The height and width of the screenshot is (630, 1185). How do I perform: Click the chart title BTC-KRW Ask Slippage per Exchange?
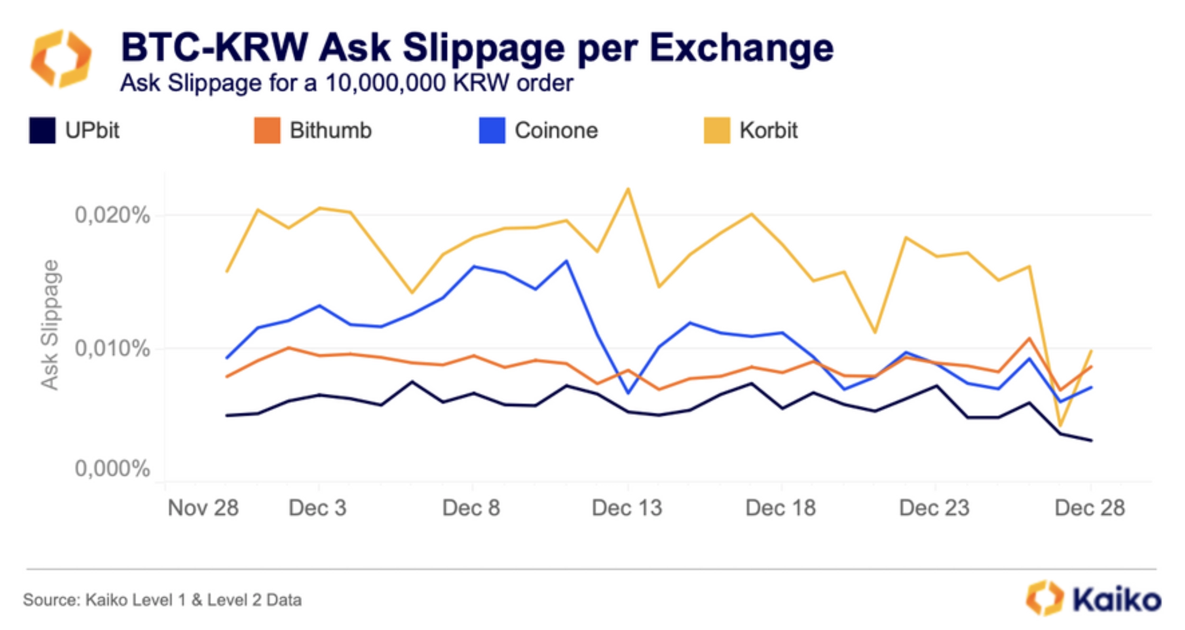click(x=477, y=48)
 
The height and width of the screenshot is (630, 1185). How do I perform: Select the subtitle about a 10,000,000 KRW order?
click(x=347, y=83)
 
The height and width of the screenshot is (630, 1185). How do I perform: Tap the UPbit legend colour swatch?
click(x=42, y=130)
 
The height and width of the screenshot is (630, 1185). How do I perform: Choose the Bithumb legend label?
click(x=330, y=130)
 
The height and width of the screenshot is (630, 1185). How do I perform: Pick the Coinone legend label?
click(x=556, y=130)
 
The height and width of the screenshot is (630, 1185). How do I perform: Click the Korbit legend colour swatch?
click(x=716, y=130)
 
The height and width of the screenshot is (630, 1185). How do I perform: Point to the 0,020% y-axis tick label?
click(x=113, y=215)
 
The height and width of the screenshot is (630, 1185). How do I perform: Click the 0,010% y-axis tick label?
click(x=113, y=349)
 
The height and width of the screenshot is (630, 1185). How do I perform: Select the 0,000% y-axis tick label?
click(x=113, y=468)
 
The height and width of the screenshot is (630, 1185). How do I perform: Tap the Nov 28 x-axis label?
click(x=203, y=508)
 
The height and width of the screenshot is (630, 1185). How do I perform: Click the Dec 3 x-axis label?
click(x=318, y=508)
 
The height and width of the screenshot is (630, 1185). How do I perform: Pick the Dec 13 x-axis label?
click(x=627, y=508)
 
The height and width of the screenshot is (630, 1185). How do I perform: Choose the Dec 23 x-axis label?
click(x=934, y=508)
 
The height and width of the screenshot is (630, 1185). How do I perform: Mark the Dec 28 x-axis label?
click(x=1090, y=508)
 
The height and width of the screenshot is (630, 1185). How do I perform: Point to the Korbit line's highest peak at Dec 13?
click(x=628, y=189)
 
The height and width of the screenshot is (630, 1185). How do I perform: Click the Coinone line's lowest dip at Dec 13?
click(x=628, y=393)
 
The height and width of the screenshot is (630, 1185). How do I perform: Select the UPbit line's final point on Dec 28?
click(x=1091, y=440)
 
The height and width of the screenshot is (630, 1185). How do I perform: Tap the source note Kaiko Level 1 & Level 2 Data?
click(x=162, y=600)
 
